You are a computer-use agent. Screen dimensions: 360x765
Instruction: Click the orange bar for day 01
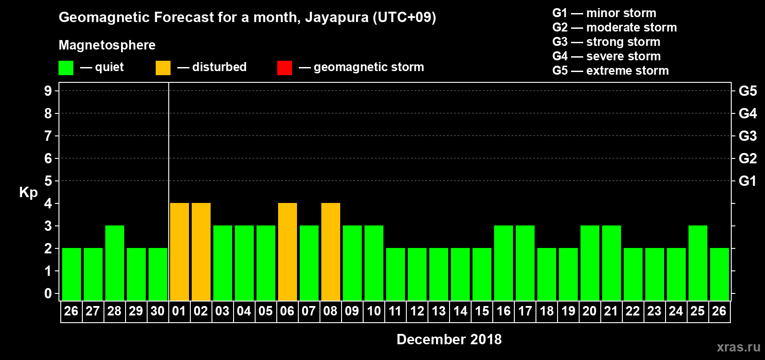[x=180, y=252]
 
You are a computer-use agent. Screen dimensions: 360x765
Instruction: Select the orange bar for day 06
[x=288, y=252]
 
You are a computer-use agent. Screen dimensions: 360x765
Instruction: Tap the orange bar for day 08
[x=331, y=252]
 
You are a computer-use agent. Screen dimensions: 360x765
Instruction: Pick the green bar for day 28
[x=115, y=263]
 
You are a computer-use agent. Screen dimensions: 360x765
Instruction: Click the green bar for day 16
[x=504, y=263]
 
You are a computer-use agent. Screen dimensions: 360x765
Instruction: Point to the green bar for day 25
[x=698, y=263]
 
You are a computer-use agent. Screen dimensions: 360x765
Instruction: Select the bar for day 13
[x=439, y=274]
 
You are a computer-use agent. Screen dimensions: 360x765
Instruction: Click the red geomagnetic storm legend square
[x=284, y=68]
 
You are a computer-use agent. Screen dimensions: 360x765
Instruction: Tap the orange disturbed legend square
[x=163, y=68]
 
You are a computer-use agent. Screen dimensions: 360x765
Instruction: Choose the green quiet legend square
[x=66, y=68]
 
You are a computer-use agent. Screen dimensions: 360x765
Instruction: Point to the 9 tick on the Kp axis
[x=48, y=91]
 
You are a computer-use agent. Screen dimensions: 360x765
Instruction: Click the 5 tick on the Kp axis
[x=48, y=181]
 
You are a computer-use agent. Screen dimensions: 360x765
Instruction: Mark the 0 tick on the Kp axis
[x=48, y=293]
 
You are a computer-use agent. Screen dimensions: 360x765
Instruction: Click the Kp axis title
[x=28, y=193]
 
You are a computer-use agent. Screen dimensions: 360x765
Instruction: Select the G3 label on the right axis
[x=747, y=136]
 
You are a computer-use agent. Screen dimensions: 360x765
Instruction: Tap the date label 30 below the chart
[x=157, y=311]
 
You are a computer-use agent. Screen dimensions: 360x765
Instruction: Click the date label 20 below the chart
[x=589, y=311]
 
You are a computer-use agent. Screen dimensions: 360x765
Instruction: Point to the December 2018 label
[x=449, y=339]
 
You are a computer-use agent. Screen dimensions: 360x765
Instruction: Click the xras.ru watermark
[x=738, y=347]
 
